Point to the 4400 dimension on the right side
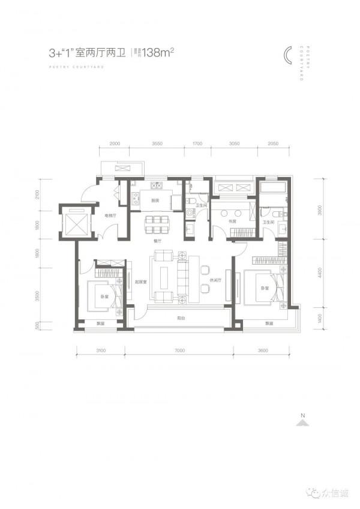pyautogui.click(x=320, y=274)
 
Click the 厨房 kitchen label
pyautogui.click(x=154, y=200)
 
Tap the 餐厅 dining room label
pyautogui.click(x=158, y=240)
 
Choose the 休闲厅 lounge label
pyautogui.click(x=217, y=280)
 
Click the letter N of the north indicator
pyautogui.click(x=304, y=415)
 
